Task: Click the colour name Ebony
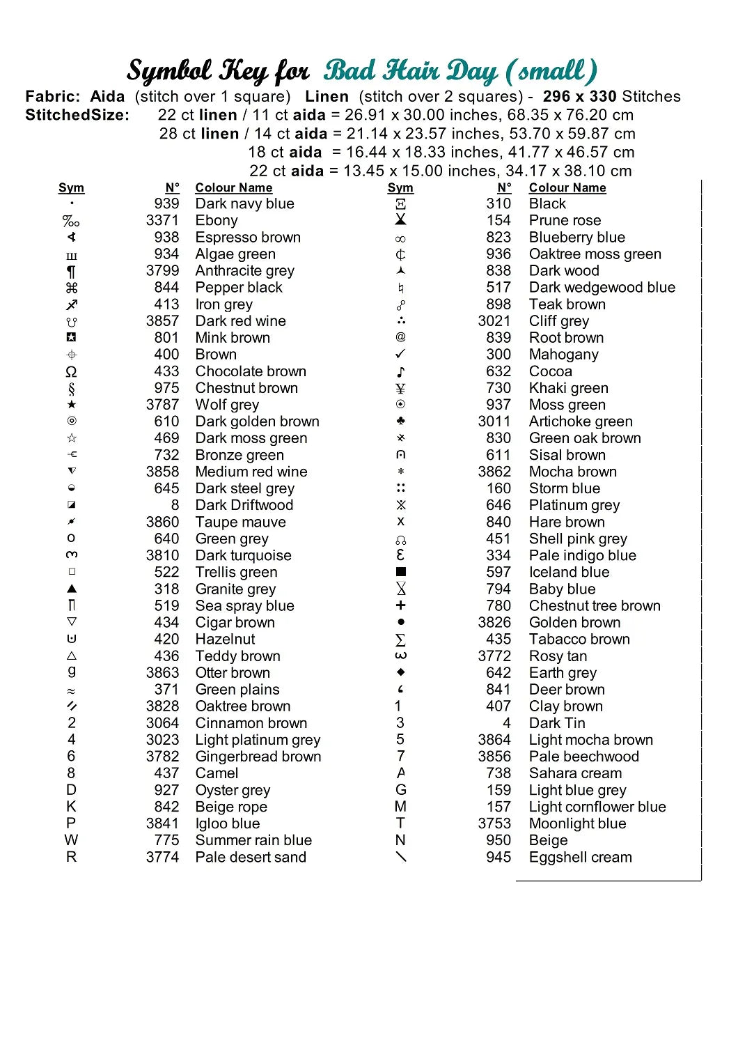(x=217, y=221)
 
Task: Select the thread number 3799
(x=162, y=271)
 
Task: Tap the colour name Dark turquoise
(x=243, y=556)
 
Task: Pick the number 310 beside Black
(x=498, y=204)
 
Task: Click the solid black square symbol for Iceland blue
(x=401, y=572)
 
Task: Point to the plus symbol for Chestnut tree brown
(x=401, y=605)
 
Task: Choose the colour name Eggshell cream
(x=580, y=858)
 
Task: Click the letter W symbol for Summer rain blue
(x=71, y=840)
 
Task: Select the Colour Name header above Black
(x=567, y=188)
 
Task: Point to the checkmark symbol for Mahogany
(x=400, y=355)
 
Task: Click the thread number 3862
(x=494, y=472)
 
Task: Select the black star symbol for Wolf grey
(x=72, y=405)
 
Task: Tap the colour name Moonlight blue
(x=577, y=823)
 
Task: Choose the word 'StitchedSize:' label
(x=77, y=115)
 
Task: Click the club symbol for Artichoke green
(x=401, y=421)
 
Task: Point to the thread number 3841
(x=162, y=823)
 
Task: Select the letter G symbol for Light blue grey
(x=401, y=790)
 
